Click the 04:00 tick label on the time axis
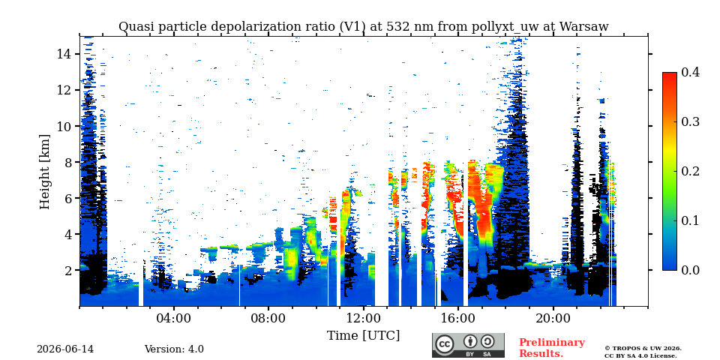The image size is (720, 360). coord(173,319)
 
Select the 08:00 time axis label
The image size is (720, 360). coord(268,319)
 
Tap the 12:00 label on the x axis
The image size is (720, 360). coord(363,319)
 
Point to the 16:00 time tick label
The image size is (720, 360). coord(457,319)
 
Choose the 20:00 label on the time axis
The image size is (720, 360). coord(553,319)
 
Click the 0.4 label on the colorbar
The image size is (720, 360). coord(690,73)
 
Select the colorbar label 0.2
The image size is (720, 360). coord(690,171)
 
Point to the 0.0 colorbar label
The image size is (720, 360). coord(690,270)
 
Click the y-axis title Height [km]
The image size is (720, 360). coord(44,172)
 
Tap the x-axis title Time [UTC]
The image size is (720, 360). coord(363,336)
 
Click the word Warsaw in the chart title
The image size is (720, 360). coord(583,27)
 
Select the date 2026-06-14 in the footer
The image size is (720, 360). coord(65,349)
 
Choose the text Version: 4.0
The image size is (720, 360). coord(174,349)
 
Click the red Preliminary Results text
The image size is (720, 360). coord(552,348)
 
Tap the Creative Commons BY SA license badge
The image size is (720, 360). coord(468,345)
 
